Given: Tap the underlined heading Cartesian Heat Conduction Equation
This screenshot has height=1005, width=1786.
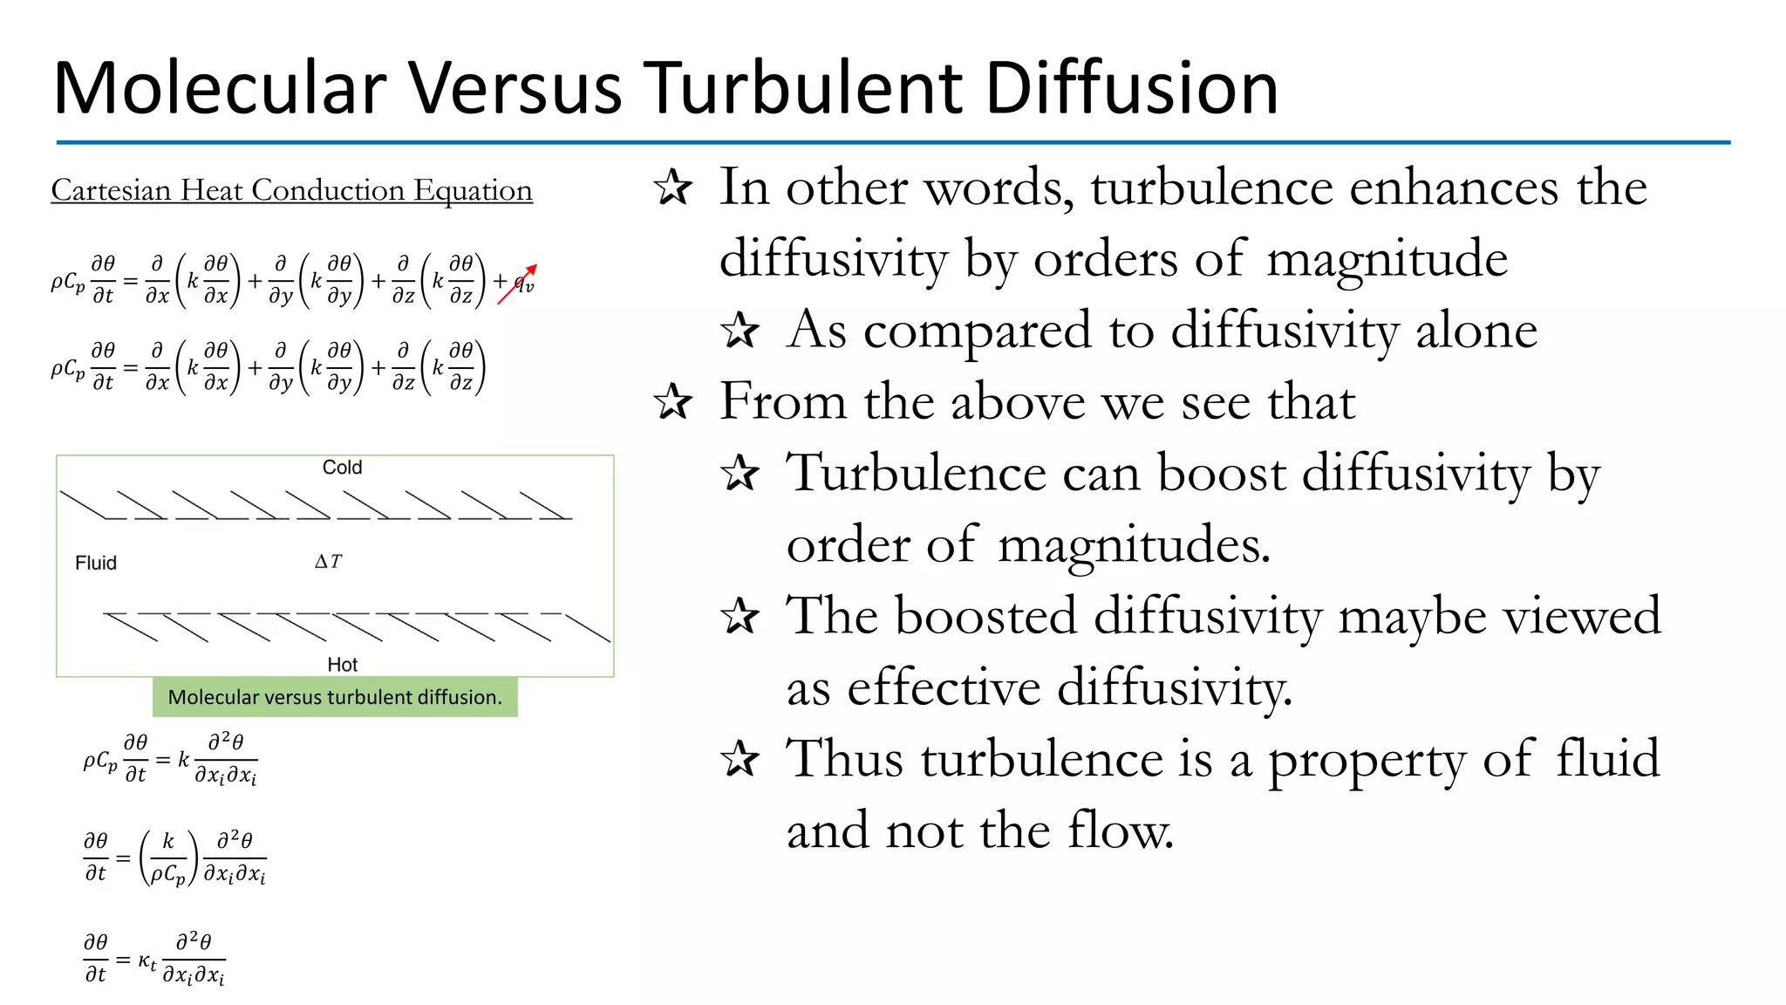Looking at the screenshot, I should [x=291, y=190].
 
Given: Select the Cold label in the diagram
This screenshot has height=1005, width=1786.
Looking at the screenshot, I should [x=342, y=468].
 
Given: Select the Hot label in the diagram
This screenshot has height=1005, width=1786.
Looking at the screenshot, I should [x=342, y=665].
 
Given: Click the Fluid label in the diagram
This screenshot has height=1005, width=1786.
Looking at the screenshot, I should [x=96, y=563].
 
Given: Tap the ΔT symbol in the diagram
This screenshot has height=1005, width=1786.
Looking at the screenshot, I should [x=329, y=562].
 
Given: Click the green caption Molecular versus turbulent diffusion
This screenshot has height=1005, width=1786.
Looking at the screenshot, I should [x=335, y=697].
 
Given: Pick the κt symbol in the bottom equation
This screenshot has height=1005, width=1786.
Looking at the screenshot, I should [x=147, y=961].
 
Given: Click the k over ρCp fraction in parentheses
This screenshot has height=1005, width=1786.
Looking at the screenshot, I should [x=168, y=858].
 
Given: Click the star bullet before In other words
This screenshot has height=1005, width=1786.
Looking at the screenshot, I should [x=672, y=188].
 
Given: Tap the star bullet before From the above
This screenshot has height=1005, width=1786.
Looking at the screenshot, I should [x=672, y=402].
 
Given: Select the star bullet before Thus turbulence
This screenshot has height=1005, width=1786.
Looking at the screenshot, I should [x=740, y=759].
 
